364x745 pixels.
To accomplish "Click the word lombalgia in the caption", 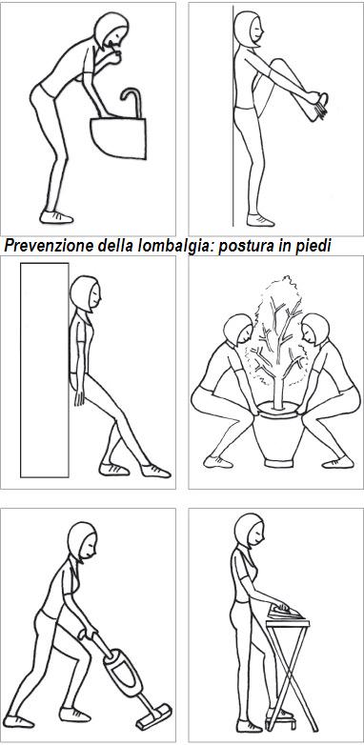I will [x=168, y=246].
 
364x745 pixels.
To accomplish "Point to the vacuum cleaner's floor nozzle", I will [x=156, y=712].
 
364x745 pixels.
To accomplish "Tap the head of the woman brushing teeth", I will [x=113, y=32].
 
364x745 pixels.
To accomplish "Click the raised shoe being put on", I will [x=316, y=104].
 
